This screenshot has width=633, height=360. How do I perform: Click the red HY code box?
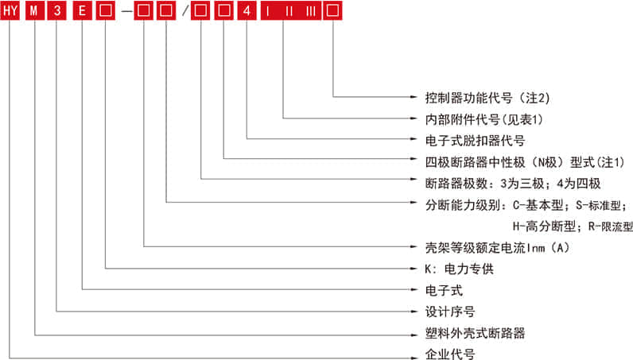point(10,10)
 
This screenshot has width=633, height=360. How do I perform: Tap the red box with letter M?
point(35,10)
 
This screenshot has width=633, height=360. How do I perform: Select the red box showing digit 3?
point(57,10)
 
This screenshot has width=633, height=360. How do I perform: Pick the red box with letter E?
point(83,10)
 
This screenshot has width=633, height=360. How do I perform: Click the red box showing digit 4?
point(247,10)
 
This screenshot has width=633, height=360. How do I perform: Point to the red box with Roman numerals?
point(291,10)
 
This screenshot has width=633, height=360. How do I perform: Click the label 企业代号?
point(450,354)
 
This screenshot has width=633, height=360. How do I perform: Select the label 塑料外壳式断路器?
point(475,333)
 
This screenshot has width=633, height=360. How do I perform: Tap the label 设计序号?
point(450,312)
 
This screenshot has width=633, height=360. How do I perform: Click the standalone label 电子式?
point(444,290)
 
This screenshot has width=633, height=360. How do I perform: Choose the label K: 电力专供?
point(459,269)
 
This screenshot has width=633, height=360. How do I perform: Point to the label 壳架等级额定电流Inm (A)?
point(497,247)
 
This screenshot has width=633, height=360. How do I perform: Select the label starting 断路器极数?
point(513,184)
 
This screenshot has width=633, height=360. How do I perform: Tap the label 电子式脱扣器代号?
point(475,141)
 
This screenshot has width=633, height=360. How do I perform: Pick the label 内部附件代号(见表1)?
point(483,119)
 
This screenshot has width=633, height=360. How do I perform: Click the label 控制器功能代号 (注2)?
point(487,98)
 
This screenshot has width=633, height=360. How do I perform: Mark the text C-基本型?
point(538,205)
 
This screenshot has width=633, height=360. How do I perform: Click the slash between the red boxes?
point(185,10)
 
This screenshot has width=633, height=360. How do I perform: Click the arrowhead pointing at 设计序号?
point(414,312)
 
